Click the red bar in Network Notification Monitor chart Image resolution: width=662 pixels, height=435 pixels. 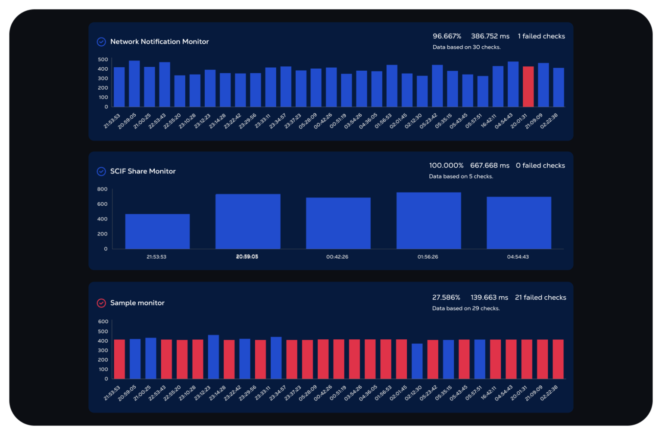tap(528, 87)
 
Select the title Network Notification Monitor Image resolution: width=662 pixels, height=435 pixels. tap(159, 42)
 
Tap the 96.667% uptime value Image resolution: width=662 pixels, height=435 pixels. tap(447, 36)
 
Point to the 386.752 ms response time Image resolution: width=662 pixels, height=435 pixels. tap(490, 36)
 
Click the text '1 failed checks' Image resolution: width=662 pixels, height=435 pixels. tap(541, 36)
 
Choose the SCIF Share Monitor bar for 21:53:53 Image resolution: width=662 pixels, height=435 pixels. tap(157, 232)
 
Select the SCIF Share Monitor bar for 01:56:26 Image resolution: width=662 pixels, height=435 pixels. tap(428, 221)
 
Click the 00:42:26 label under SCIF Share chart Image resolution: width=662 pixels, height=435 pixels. tap(337, 257)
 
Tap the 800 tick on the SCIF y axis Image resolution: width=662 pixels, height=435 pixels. tap(103, 189)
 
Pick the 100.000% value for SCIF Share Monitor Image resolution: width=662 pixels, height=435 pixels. tap(446, 166)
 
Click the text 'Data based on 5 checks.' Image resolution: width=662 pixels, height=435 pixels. tap(461, 176)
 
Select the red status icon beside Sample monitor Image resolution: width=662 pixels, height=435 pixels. tap(101, 303)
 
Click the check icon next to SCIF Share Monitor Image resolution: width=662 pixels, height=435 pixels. tap(101, 171)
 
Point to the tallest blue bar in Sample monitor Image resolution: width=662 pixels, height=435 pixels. tap(213, 357)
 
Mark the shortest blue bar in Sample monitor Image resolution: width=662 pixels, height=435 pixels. tap(417, 361)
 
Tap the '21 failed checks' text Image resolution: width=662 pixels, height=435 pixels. tap(540, 297)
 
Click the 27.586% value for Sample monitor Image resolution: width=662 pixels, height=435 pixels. tap(446, 297)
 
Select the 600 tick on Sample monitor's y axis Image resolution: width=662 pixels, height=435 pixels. tap(103, 322)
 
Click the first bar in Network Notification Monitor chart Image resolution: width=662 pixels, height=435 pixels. tap(119, 87)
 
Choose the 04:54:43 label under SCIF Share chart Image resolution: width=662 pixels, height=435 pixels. tap(518, 257)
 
